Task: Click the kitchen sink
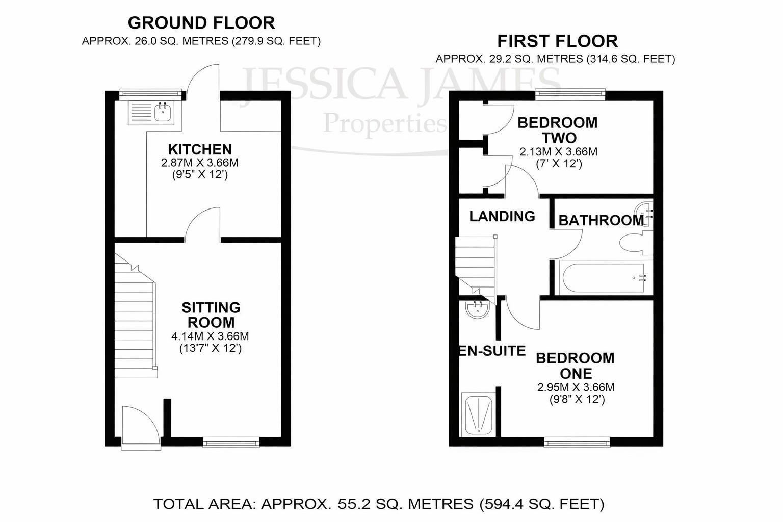click(x=152, y=113)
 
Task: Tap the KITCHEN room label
click(x=200, y=149)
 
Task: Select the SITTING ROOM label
click(x=211, y=315)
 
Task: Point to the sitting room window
click(x=231, y=442)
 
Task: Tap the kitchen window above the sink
click(x=150, y=93)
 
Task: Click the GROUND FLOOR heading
click(x=201, y=23)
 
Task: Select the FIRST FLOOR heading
click(x=557, y=41)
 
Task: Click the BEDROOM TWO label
click(x=558, y=130)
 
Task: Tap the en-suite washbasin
click(x=478, y=309)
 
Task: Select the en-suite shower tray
click(x=478, y=414)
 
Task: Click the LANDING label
click(x=502, y=216)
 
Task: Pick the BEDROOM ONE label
click(x=575, y=365)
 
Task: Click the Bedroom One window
click(x=577, y=442)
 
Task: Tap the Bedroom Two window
click(x=570, y=93)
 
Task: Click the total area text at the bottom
click(x=379, y=504)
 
